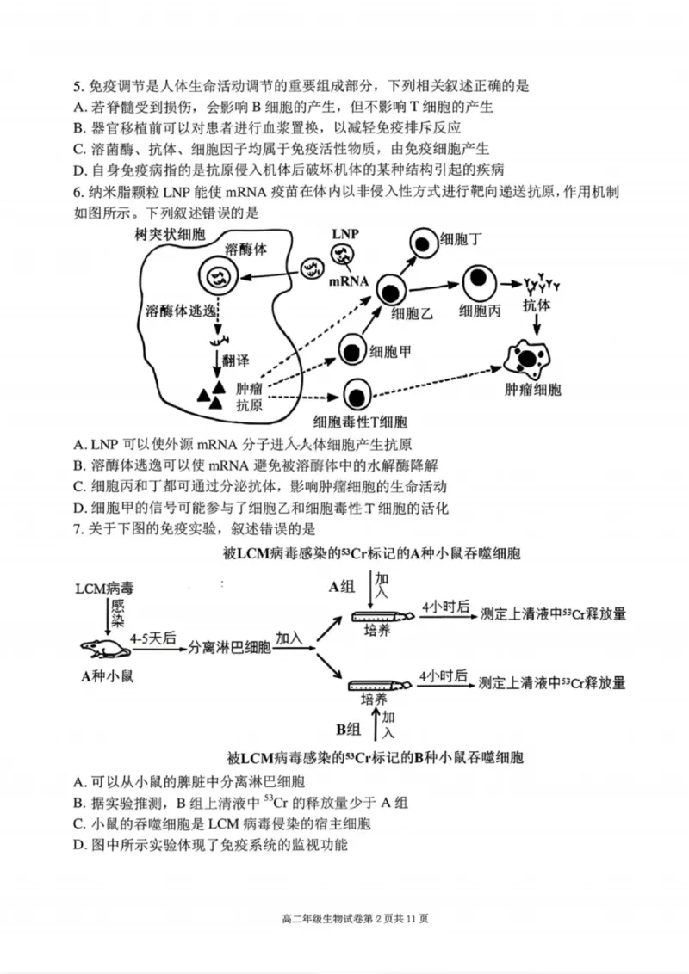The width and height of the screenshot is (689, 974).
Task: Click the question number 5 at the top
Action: [x=78, y=86]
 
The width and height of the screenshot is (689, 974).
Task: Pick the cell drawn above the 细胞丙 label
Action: [x=478, y=282]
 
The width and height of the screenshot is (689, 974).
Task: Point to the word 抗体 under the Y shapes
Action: [x=537, y=305]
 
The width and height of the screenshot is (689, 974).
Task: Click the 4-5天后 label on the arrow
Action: [x=153, y=638]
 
